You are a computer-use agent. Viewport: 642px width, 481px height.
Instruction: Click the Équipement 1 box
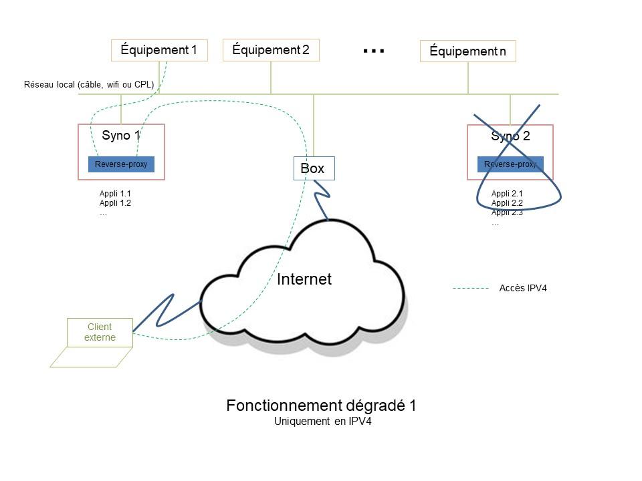click(159, 50)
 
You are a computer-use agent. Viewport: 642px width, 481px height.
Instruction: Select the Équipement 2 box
click(271, 50)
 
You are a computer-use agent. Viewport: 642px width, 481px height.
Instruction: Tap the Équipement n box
click(468, 51)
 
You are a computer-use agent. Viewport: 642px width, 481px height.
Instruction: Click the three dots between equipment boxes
click(373, 51)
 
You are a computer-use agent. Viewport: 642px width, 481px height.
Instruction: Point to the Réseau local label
click(89, 85)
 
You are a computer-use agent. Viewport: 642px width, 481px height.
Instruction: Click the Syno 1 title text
click(121, 136)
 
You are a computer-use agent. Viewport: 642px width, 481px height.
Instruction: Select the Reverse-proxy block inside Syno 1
click(121, 164)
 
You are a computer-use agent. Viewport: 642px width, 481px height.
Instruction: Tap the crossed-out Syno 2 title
click(510, 136)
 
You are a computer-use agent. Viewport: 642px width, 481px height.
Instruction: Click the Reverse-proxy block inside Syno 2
click(510, 164)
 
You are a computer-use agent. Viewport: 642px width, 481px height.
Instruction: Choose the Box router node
click(314, 168)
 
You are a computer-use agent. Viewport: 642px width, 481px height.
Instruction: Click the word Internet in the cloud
click(304, 279)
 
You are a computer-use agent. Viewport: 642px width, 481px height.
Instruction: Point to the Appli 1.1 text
click(115, 194)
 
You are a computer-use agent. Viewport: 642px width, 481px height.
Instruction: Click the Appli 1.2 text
click(115, 203)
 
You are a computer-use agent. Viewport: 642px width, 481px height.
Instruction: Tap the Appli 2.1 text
click(507, 194)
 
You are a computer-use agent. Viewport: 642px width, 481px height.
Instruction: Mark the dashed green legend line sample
click(471, 289)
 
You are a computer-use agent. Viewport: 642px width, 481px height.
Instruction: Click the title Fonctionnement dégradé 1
click(321, 406)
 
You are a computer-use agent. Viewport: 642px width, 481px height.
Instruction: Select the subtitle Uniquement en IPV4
click(322, 422)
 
